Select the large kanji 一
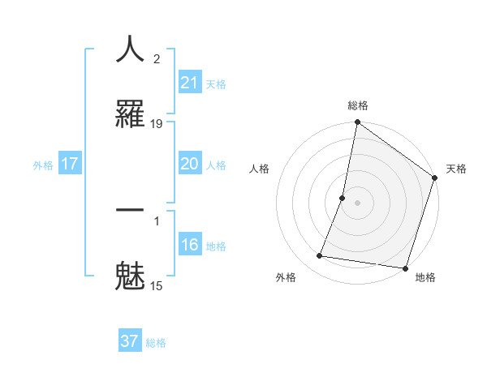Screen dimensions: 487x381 pos(130,210)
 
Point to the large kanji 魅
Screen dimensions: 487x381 pos(130,275)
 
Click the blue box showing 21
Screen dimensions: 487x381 pos(190,83)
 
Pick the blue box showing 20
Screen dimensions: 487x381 pos(190,164)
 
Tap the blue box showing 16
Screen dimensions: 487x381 pos(190,245)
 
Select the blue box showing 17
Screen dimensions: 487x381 pos(70,164)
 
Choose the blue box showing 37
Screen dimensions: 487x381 pos(130,341)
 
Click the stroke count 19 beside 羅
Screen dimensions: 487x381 pos(157,124)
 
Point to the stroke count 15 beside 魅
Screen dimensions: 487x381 pos(157,285)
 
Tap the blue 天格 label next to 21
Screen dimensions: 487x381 pos(216,83)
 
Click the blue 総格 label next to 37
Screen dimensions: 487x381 pos(156,342)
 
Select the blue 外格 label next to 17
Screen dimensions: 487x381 pos(43,165)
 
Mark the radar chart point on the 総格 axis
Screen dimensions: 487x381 pos(357,123)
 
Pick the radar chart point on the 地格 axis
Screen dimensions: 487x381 pos(405,268)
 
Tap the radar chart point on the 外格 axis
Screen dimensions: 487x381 pos(320,255)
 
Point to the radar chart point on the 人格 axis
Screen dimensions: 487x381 pos(343,198)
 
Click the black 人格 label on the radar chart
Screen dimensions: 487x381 pos(260,169)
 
